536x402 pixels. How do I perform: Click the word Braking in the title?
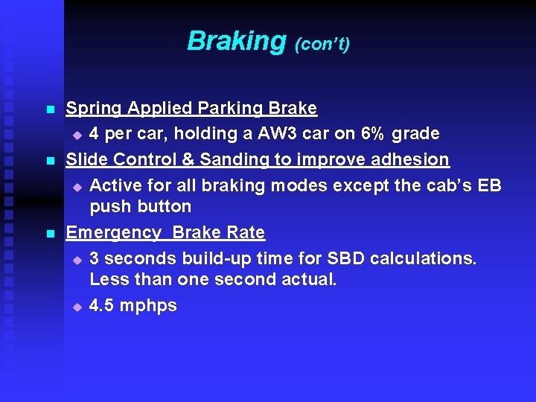236,41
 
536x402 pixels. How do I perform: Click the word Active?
116,185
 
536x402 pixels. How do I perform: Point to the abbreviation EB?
489,185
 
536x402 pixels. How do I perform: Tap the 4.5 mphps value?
133,305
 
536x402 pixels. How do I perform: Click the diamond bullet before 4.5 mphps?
77,307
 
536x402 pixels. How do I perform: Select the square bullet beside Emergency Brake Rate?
50,234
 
